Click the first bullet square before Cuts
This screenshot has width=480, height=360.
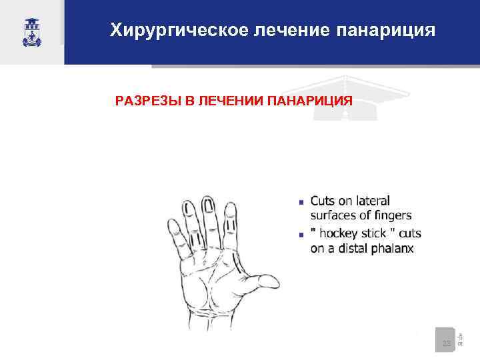[301, 201]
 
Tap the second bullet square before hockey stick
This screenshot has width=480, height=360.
[301, 235]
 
